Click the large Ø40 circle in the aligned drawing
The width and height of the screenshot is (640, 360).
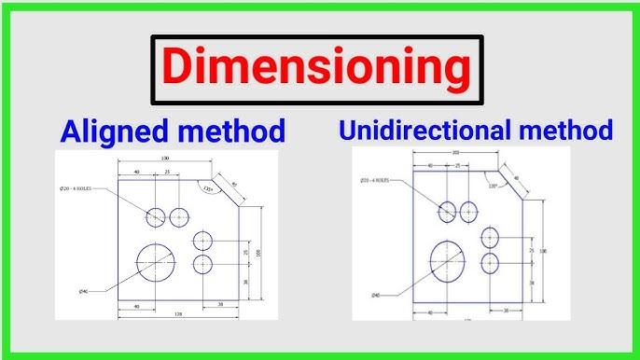pos(156,263)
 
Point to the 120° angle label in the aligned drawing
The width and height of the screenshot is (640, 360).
pos(207,188)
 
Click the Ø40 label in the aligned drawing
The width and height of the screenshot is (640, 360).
pos(84,292)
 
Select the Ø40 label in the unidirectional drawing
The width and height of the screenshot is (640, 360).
pos(375,295)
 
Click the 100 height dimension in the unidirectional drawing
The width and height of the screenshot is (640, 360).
pos(543,251)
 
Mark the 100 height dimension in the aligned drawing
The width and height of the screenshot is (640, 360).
pos(257,251)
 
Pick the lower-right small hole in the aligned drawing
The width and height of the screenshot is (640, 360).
pos(203,264)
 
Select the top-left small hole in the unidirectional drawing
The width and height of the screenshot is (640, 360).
pos(447,212)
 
